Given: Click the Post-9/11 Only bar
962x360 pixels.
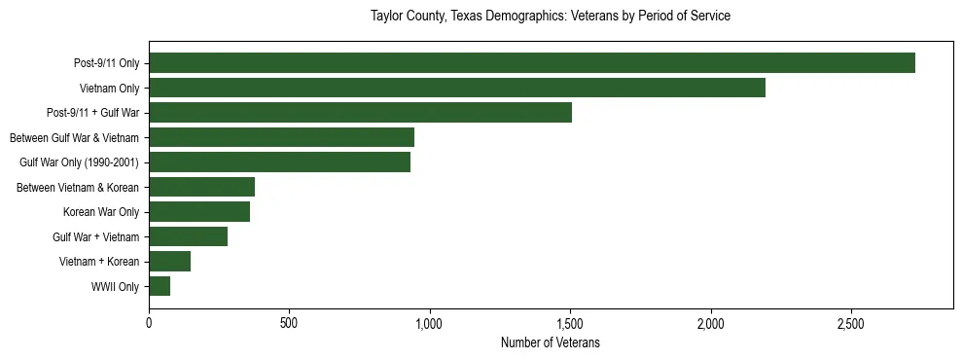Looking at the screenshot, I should click(x=532, y=63).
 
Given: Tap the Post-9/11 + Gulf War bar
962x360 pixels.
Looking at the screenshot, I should click(x=360, y=113).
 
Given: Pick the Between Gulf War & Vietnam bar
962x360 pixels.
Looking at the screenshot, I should click(x=282, y=137).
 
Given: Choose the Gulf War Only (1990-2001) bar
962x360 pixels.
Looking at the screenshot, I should click(x=280, y=162).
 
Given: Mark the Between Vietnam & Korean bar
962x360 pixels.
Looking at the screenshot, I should click(x=202, y=187).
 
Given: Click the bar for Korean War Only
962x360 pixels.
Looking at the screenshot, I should click(x=199, y=212).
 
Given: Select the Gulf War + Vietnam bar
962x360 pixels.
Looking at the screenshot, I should click(x=189, y=236).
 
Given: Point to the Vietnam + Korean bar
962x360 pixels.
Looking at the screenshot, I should click(x=170, y=262).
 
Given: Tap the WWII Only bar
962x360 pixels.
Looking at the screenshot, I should click(x=160, y=286).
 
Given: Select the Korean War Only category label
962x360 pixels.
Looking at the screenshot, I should click(x=101, y=212).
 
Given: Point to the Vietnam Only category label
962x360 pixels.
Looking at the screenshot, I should click(x=109, y=89).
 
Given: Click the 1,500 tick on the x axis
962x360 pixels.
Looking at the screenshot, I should click(x=570, y=322).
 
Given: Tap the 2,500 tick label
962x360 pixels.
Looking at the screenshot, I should click(x=851, y=322).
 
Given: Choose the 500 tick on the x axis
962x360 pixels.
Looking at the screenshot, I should click(x=289, y=322).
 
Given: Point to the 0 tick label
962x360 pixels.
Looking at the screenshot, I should click(x=149, y=322).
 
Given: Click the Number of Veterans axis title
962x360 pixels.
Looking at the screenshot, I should click(x=551, y=342).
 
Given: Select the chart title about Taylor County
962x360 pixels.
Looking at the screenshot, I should click(x=551, y=17).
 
